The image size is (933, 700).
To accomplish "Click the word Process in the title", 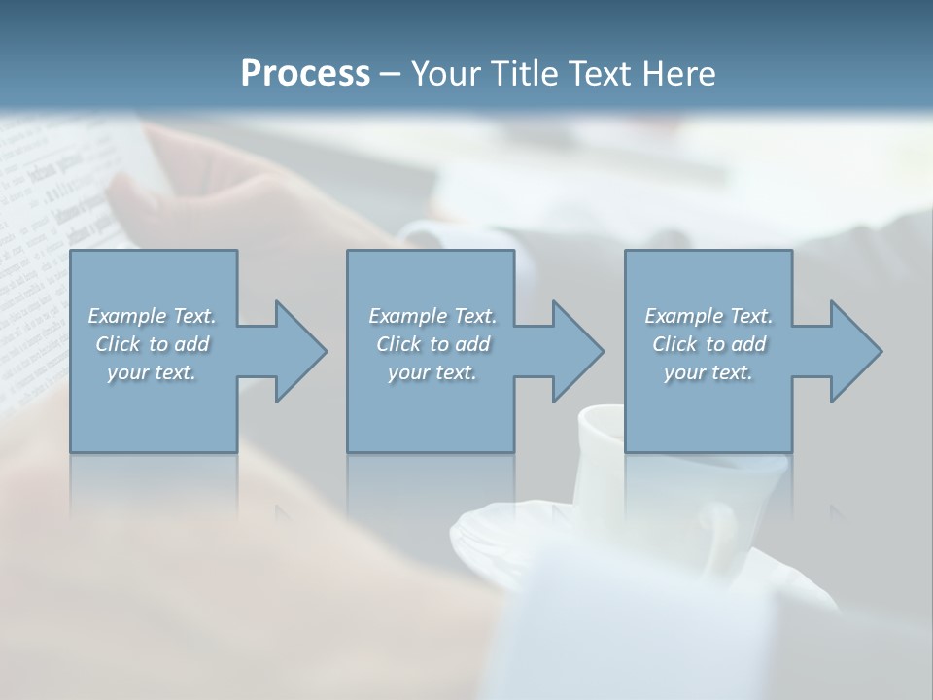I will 305,73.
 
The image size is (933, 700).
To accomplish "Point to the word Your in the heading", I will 446,73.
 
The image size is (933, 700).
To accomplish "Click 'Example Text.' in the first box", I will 152,316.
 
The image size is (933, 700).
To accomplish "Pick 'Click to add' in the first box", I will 153,344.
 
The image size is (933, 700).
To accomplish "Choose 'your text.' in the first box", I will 152,372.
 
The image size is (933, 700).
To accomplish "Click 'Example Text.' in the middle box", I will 432,316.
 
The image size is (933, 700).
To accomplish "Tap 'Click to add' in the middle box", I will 432,344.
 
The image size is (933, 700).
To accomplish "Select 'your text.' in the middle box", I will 432,372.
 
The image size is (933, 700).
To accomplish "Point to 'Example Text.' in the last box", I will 708,316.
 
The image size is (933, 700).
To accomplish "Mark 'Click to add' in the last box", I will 708,344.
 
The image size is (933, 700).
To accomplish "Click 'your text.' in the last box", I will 708,372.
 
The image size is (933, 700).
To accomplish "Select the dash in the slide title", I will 390,74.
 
